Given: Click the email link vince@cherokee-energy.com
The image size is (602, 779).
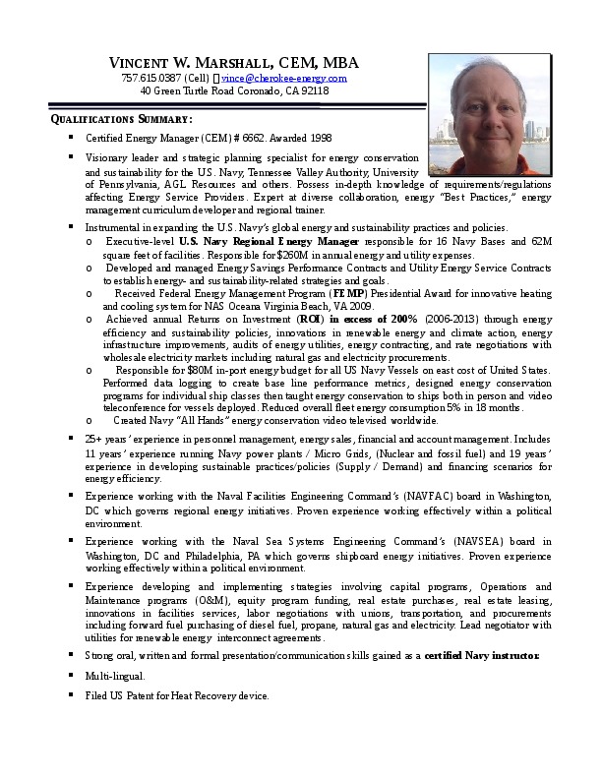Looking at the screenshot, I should click(284, 77).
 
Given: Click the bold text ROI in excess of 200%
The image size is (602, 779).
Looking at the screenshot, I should click(361, 319).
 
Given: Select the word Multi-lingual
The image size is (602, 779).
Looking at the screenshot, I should click(115, 676).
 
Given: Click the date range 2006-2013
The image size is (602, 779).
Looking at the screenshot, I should click(451, 319).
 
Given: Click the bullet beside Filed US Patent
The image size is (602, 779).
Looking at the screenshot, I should click(72, 695).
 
